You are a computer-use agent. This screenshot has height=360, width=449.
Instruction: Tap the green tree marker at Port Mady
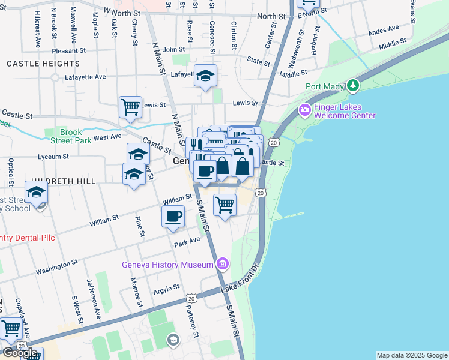[x=354, y=86]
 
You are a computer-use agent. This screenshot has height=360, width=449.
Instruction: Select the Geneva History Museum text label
[x=167, y=265]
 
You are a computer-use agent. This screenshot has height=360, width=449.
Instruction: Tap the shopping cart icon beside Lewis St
[x=130, y=107]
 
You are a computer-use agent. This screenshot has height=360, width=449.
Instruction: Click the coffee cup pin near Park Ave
[x=173, y=216]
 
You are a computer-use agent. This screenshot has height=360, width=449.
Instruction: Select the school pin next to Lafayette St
[x=205, y=76]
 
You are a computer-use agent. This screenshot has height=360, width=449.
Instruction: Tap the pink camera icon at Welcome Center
[x=304, y=110]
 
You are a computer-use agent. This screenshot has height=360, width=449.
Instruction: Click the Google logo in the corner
[x=20, y=353]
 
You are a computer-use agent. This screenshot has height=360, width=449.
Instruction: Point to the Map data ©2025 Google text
[x=411, y=355]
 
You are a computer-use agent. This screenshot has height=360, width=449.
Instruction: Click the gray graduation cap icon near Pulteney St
[x=173, y=340]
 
